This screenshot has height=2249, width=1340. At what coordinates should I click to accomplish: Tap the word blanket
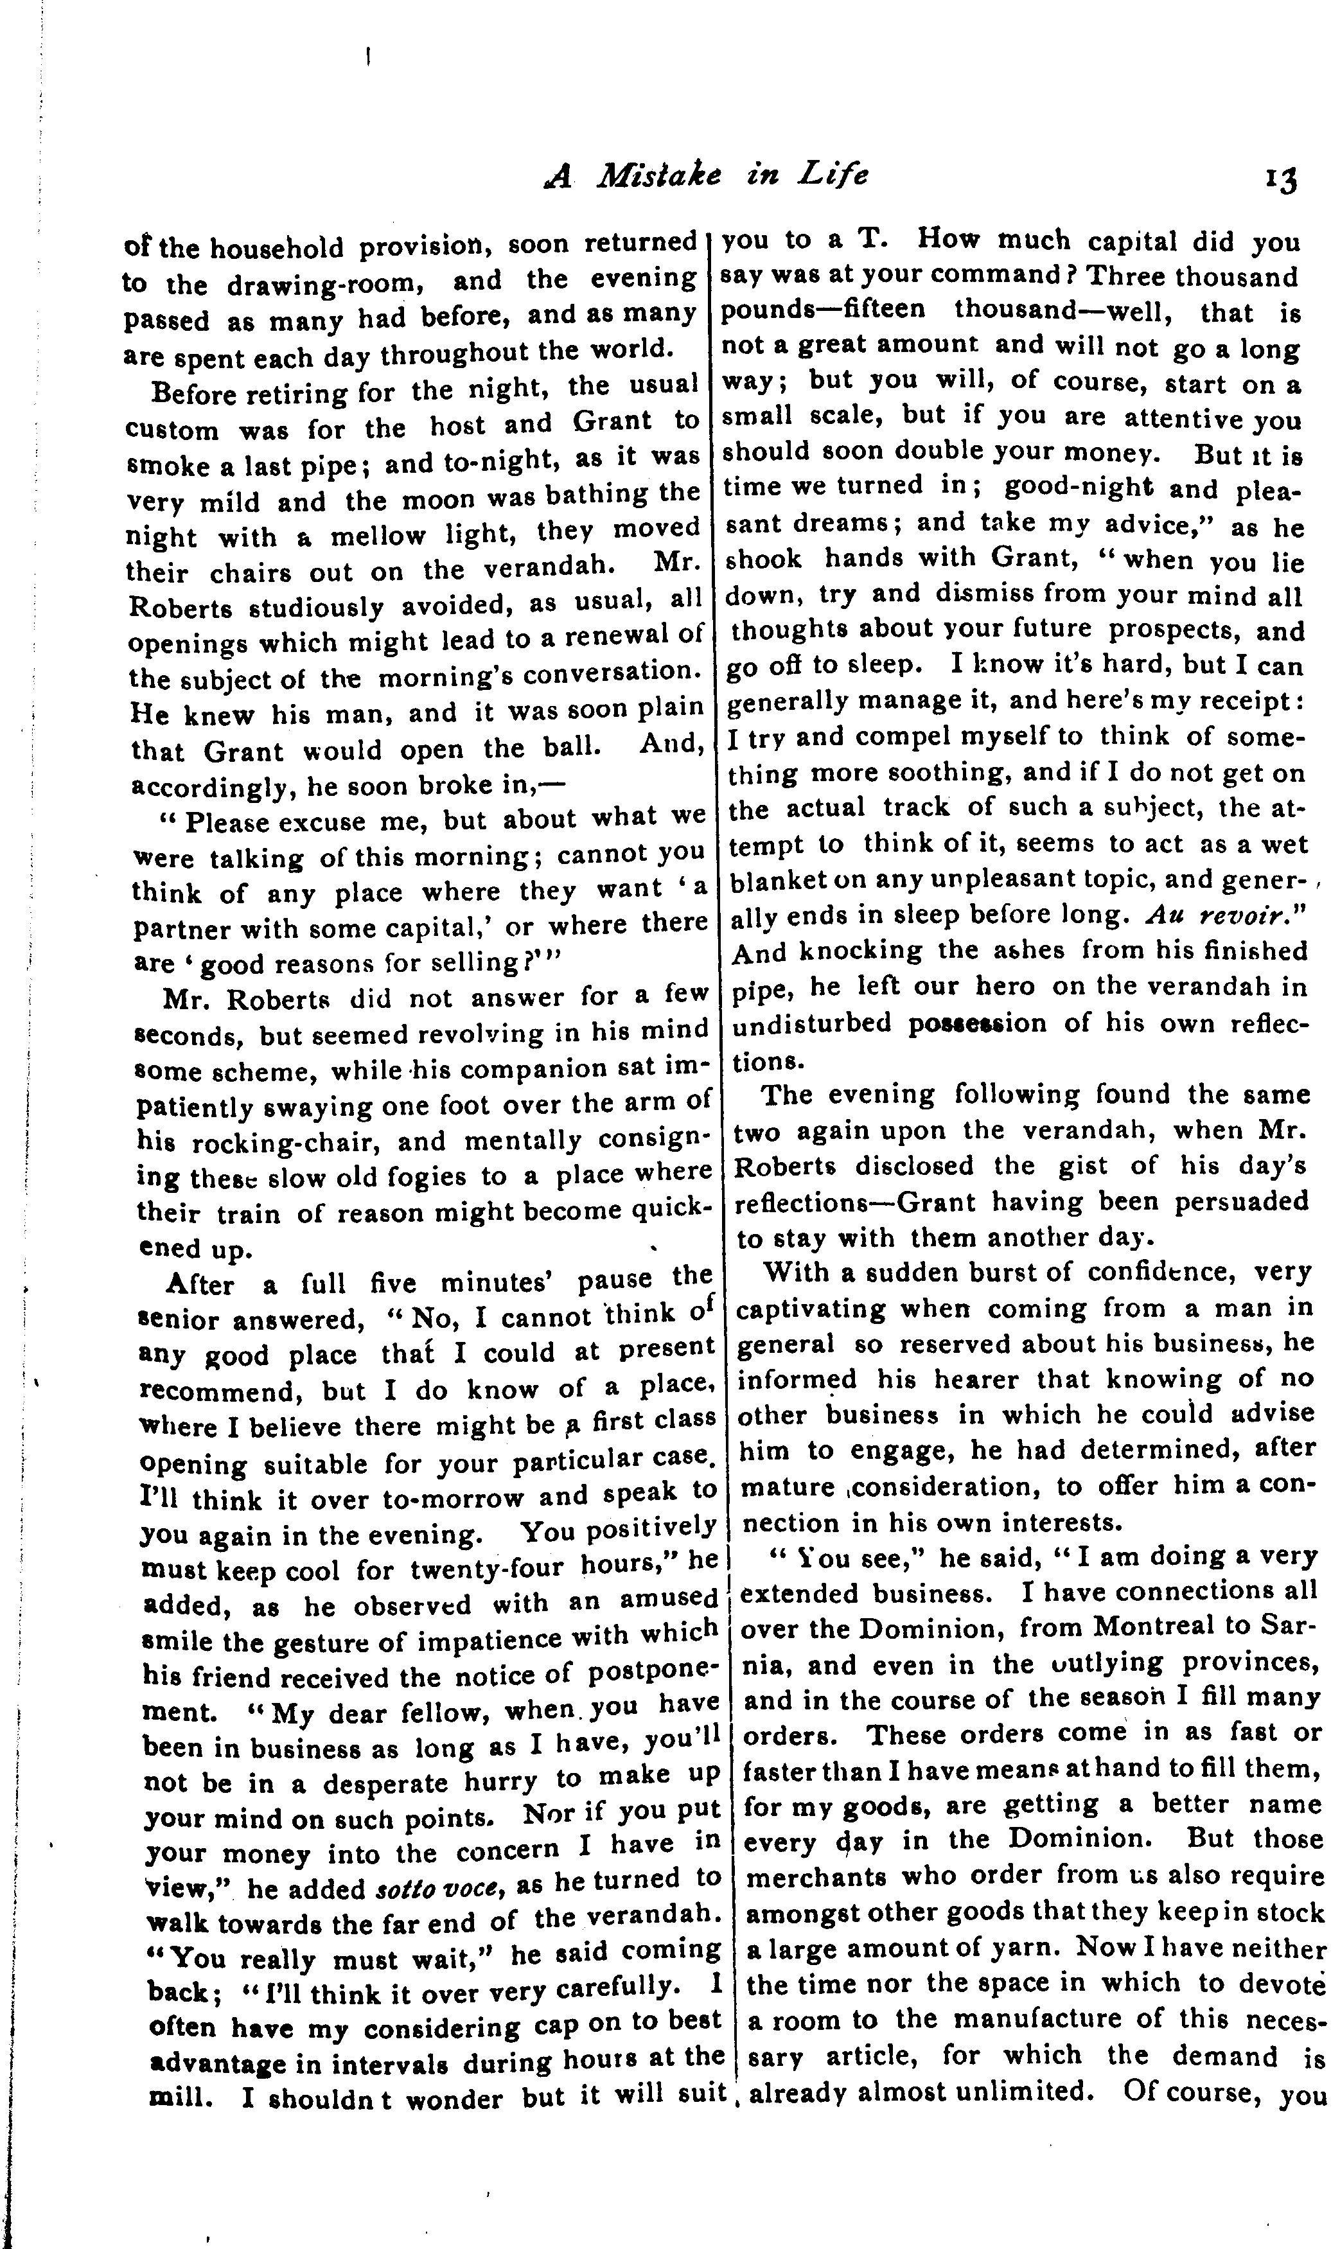coord(775,879)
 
